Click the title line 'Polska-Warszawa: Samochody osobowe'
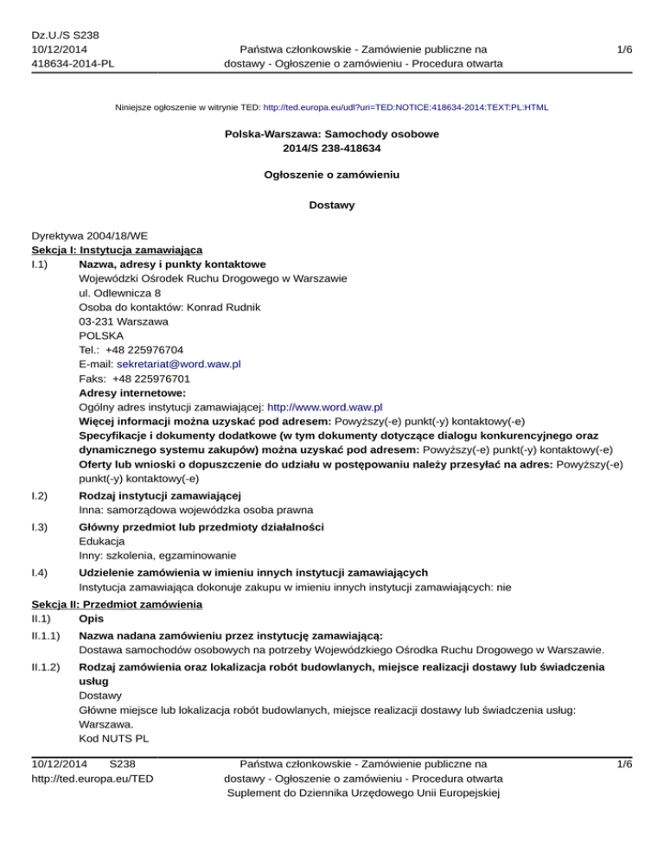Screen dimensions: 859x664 (331, 136)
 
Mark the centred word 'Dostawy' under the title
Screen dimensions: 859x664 (331, 206)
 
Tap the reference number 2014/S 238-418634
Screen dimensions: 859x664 (331, 150)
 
